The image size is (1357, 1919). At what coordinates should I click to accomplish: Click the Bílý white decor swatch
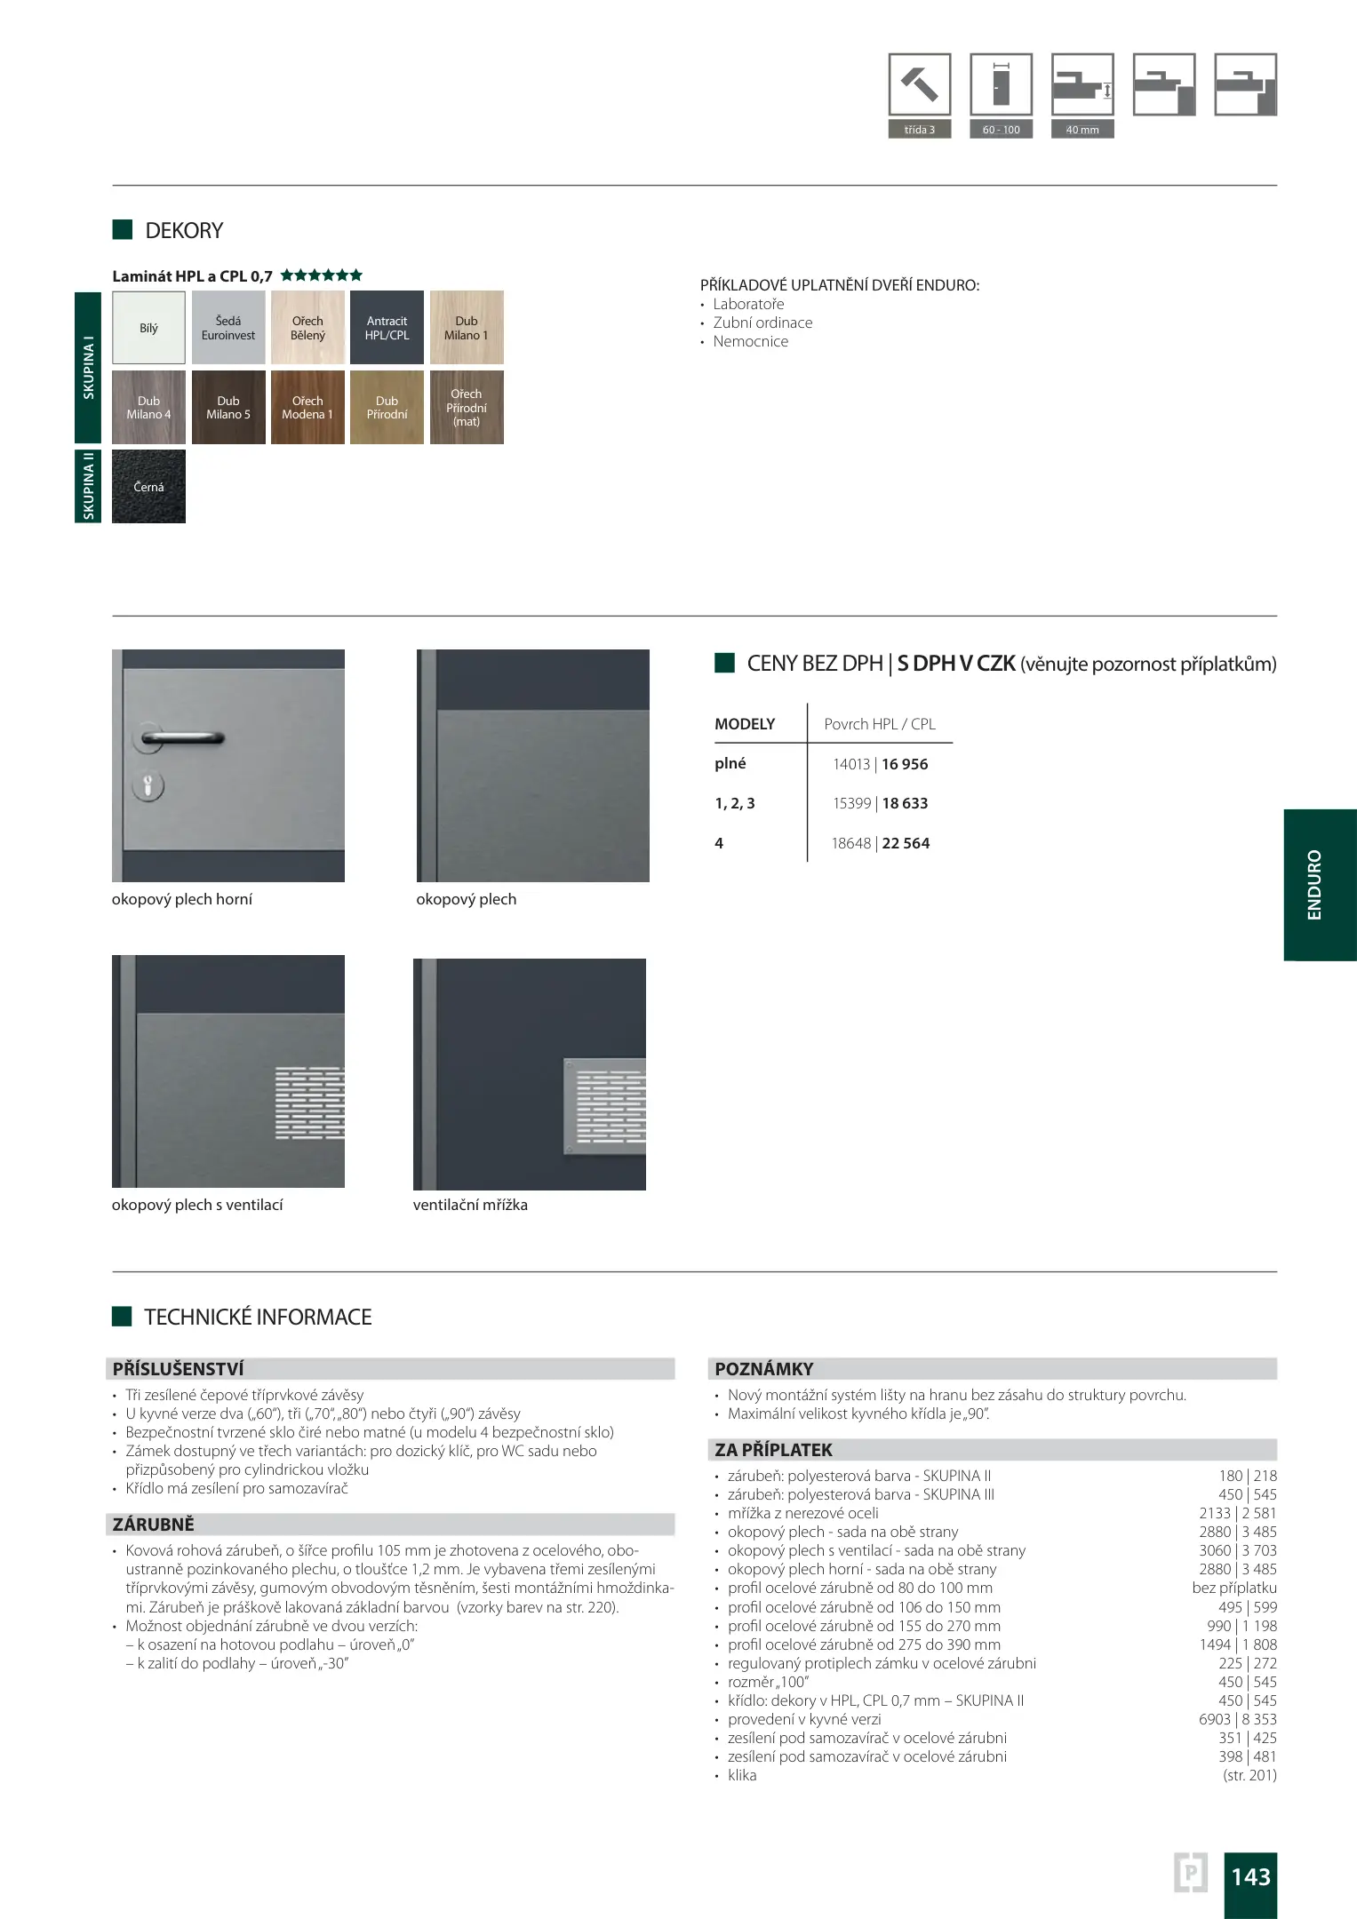point(148,328)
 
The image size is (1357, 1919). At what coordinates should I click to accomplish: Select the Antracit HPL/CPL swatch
point(387,328)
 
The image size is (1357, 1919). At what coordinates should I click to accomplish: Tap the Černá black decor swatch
point(148,487)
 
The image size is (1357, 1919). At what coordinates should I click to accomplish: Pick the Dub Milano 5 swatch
point(228,408)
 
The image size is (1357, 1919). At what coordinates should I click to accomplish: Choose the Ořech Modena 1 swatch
point(307,408)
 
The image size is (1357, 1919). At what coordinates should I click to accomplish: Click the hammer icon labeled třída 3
point(919,85)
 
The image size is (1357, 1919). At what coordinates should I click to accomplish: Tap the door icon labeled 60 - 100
point(1001,85)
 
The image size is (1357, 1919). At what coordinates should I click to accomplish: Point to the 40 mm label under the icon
point(1082,130)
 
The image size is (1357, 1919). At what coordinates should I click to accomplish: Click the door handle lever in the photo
point(182,737)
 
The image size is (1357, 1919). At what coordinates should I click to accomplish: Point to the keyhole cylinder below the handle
point(148,785)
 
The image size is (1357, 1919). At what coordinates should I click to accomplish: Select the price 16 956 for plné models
point(905,764)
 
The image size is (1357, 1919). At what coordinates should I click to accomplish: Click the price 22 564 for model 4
point(906,843)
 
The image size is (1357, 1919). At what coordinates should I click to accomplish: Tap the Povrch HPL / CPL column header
point(880,724)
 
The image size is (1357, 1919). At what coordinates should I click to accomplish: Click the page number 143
point(1250,1876)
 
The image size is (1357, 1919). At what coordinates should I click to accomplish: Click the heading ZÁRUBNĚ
point(153,1525)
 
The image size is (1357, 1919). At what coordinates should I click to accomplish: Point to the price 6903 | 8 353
point(1237,1719)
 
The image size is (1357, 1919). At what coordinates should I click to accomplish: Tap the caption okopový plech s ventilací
point(197,1205)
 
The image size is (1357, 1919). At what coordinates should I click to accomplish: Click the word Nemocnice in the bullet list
point(750,341)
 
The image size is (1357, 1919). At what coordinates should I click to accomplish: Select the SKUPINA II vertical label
point(88,486)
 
